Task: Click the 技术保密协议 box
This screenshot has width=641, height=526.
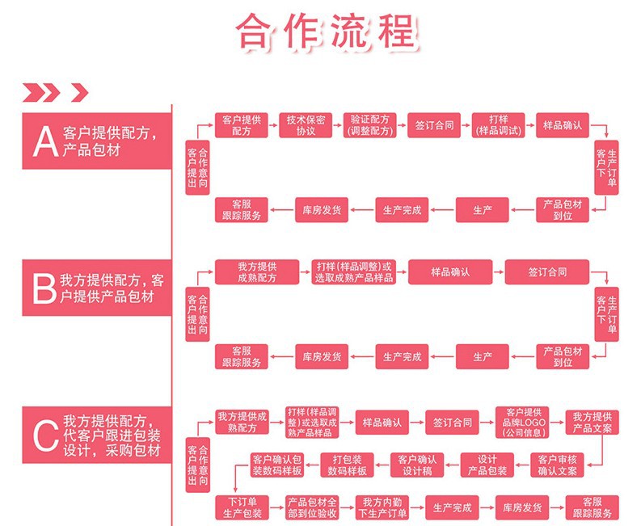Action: click(x=306, y=125)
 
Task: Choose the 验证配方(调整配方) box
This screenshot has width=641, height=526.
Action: click(x=369, y=125)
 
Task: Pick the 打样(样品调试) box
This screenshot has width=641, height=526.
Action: click(x=498, y=125)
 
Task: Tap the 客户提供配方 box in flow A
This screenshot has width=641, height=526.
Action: click(x=241, y=125)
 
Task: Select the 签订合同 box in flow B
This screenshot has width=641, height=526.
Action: click(x=547, y=271)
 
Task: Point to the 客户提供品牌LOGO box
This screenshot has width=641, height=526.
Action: click(x=522, y=422)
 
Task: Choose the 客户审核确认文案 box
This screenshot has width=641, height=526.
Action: click(x=558, y=465)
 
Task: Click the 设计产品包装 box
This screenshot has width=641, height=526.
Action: click(x=487, y=465)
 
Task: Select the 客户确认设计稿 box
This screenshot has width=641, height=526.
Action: click(x=418, y=465)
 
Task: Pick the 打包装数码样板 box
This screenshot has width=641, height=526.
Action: click(x=348, y=465)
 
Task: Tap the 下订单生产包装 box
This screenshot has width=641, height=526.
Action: click(x=241, y=507)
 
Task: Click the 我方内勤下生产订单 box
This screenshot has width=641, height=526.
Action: click(x=382, y=507)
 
